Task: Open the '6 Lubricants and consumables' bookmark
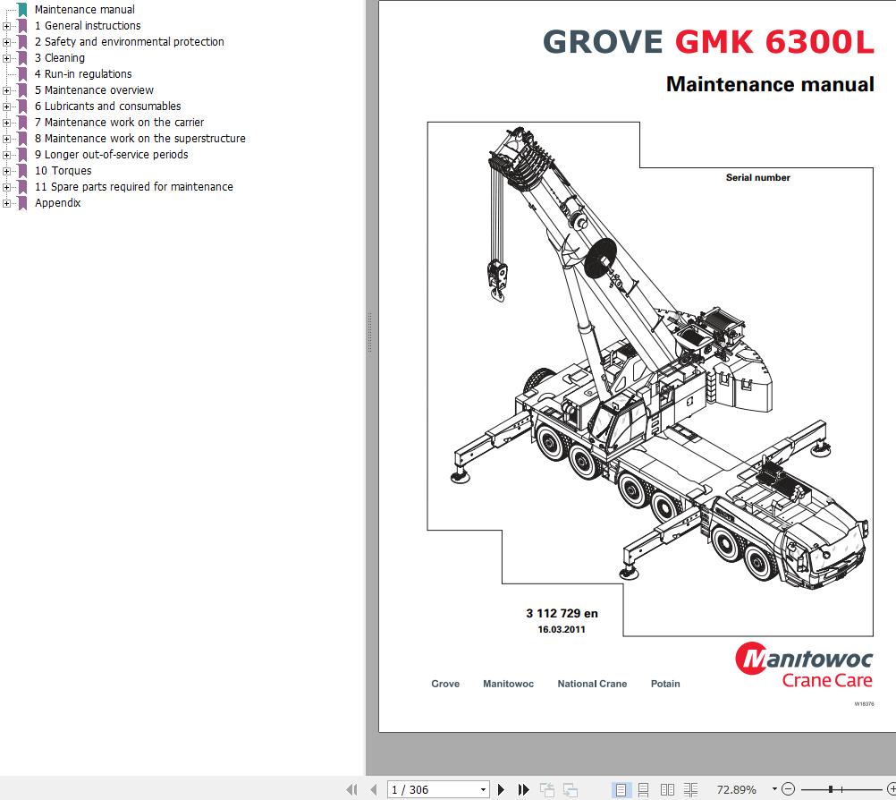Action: pos(107,106)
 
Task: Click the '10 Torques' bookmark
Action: pos(63,171)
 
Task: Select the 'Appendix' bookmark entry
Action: pos(57,203)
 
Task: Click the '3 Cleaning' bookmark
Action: pos(59,58)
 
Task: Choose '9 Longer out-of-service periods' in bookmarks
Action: pos(111,155)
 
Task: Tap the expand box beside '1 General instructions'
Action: pos(7,26)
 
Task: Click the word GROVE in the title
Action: pos(603,42)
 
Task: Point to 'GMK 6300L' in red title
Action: pos(774,42)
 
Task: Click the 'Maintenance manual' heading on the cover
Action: pos(770,85)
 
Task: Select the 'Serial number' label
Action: pos(757,178)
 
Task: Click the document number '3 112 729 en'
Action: pos(562,614)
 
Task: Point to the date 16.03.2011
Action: pos(562,629)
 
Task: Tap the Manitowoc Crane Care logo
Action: pos(803,667)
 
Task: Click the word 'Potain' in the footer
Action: pos(664,684)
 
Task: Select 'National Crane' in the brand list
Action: pos(592,684)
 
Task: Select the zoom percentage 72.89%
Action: pos(736,789)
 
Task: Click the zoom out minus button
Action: pos(788,789)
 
